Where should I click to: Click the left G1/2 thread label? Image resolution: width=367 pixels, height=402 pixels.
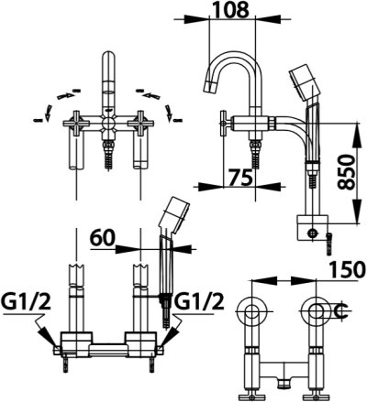click(21, 300)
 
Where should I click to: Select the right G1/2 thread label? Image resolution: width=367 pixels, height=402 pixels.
click(199, 300)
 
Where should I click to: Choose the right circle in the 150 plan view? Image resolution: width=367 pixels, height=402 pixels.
click(317, 312)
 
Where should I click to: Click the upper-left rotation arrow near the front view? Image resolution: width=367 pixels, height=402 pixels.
click(61, 91)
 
